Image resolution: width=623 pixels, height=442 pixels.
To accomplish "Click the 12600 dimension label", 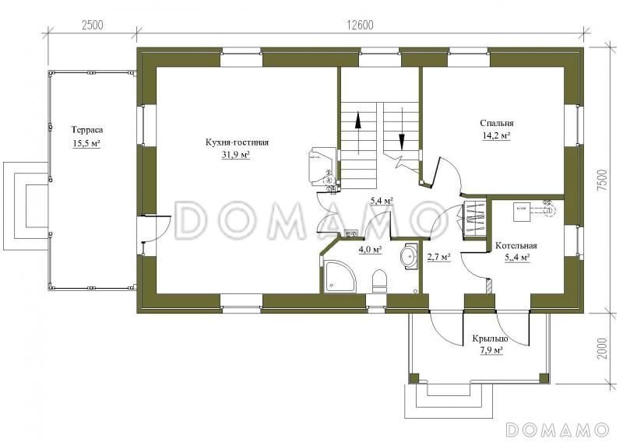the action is [361, 25].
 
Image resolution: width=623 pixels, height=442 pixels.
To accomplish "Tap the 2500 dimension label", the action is [92, 25].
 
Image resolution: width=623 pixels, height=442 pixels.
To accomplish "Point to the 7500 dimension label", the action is [602, 181].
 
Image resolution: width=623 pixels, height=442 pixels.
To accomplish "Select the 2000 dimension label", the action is [602, 349].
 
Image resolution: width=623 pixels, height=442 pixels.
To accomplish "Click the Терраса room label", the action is [87, 130].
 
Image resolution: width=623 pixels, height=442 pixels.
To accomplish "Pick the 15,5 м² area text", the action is [86, 143].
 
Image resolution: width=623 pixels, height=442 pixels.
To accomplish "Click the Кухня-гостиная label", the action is [237, 142].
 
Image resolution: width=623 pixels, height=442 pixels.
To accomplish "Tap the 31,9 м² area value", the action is [236, 156].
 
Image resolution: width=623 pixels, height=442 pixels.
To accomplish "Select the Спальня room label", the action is [497, 123].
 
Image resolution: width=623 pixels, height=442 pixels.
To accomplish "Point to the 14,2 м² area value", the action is [496, 136].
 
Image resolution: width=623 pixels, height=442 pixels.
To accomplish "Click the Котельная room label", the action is [516, 246].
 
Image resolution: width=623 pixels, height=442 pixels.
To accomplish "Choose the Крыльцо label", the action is [490, 339].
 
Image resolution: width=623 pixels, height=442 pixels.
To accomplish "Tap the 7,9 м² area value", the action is [490, 350].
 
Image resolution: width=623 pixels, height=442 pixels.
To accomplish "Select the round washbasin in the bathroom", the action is [408, 257].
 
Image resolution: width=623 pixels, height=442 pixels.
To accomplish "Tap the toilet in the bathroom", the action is [379, 281].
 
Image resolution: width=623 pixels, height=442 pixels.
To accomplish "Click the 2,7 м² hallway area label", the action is [438, 258].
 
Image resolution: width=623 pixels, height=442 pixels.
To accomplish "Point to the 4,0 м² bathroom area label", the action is [371, 250].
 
